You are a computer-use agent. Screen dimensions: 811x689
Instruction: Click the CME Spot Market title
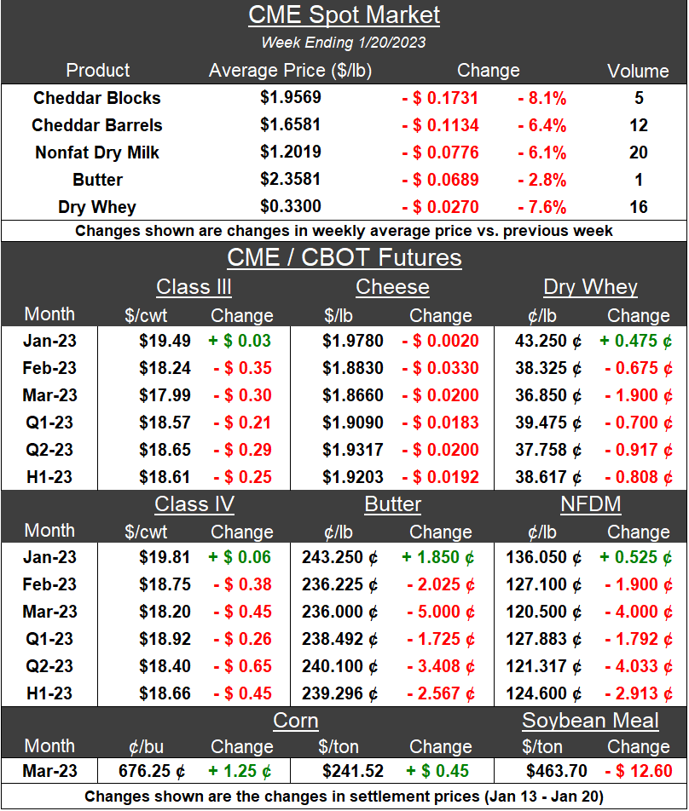(x=344, y=14)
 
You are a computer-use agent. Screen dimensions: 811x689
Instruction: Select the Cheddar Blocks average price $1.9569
(x=291, y=98)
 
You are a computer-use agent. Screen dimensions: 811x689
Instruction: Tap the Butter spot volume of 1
(x=639, y=180)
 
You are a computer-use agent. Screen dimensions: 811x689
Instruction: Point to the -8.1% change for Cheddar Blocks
(x=541, y=98)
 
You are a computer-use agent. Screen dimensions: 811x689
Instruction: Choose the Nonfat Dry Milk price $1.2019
(x=291, y=152)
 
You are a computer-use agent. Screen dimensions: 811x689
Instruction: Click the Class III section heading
(x=194, y=287)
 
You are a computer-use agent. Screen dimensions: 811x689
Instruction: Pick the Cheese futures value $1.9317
(x=353, y=450)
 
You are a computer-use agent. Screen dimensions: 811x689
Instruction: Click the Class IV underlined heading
(x=194, y=504)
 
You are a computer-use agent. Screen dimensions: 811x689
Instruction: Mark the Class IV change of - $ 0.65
(x=242, y=666)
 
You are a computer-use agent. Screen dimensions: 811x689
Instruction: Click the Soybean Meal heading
(x=590, y=721)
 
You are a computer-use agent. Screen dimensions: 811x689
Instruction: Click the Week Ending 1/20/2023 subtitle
(x=344, y=42)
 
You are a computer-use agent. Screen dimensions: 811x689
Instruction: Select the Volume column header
(x=638, y=71)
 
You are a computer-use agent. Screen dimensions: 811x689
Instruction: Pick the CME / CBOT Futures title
(x=344, y=258)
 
